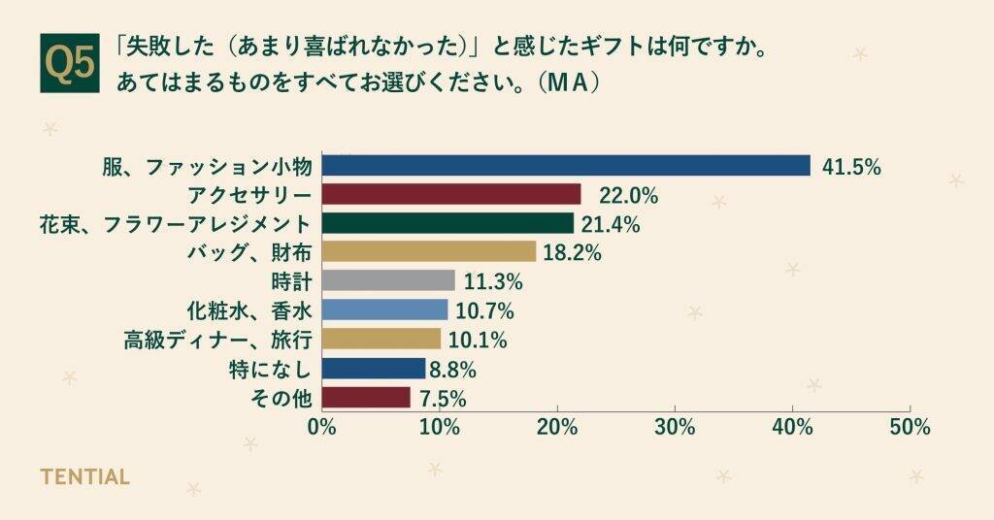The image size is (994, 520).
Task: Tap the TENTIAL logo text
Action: point(84,477)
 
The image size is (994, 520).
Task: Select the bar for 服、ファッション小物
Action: point(565,166)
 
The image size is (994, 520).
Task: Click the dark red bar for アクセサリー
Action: point(450,195)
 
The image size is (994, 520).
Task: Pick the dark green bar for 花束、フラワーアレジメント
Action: point(447,224)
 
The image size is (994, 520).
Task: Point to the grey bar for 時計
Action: point(388,281)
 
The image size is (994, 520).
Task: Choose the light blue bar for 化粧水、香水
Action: point(384,310)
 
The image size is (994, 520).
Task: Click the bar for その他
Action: point(366,398)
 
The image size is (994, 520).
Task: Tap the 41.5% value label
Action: point(850,167)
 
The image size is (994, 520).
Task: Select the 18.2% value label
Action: point(572,253)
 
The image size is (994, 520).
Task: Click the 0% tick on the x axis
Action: point(321,427)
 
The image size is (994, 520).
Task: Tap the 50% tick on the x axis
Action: point(910,427)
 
